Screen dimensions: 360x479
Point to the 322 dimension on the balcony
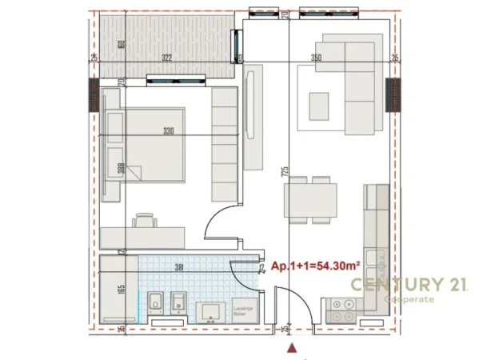tap(166, 58)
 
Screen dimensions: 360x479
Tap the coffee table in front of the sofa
tap(319, 105)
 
